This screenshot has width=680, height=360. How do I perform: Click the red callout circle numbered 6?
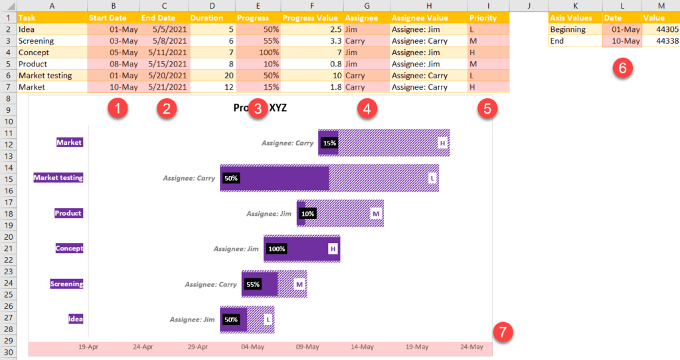(x=622, y=68)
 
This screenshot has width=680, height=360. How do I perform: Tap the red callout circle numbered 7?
(x=505, y=331)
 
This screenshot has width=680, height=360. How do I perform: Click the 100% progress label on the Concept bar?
(x=276, y=249)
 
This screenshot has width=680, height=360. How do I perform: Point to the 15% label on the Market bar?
(x=329, y=143)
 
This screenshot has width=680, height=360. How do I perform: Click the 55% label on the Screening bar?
(x=253, y=284)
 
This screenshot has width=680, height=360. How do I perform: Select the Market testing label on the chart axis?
(x=58, y=177)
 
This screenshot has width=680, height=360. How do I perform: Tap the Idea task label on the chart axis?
(x=76, y=319)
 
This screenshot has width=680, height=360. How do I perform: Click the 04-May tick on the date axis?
(x=252, y=347)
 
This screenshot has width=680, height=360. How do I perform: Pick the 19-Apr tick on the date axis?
(x=88, y=347)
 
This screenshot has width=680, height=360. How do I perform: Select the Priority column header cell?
(x=487, y=18)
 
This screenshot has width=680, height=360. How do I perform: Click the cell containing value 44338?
(x=661, y=41)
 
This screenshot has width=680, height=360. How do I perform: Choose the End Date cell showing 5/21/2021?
(x=165, y=87)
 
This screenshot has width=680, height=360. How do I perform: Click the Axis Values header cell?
(x=575, y=18)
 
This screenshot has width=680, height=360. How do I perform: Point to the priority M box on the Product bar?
(x=376, y=214)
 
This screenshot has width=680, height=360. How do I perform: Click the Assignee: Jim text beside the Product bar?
(x=269, y=214)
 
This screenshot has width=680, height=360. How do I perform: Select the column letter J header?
(x=529, y=5)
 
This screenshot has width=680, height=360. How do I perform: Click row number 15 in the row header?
(x=8, y=179)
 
